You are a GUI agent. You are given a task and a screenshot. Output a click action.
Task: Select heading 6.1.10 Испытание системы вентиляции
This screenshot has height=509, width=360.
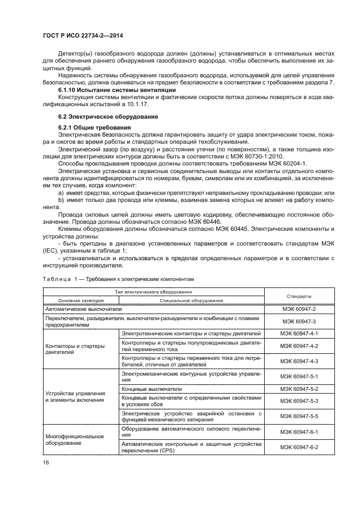(x=117, y=89)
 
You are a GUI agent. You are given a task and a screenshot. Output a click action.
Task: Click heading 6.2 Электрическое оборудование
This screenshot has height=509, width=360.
(x=108, y=116)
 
